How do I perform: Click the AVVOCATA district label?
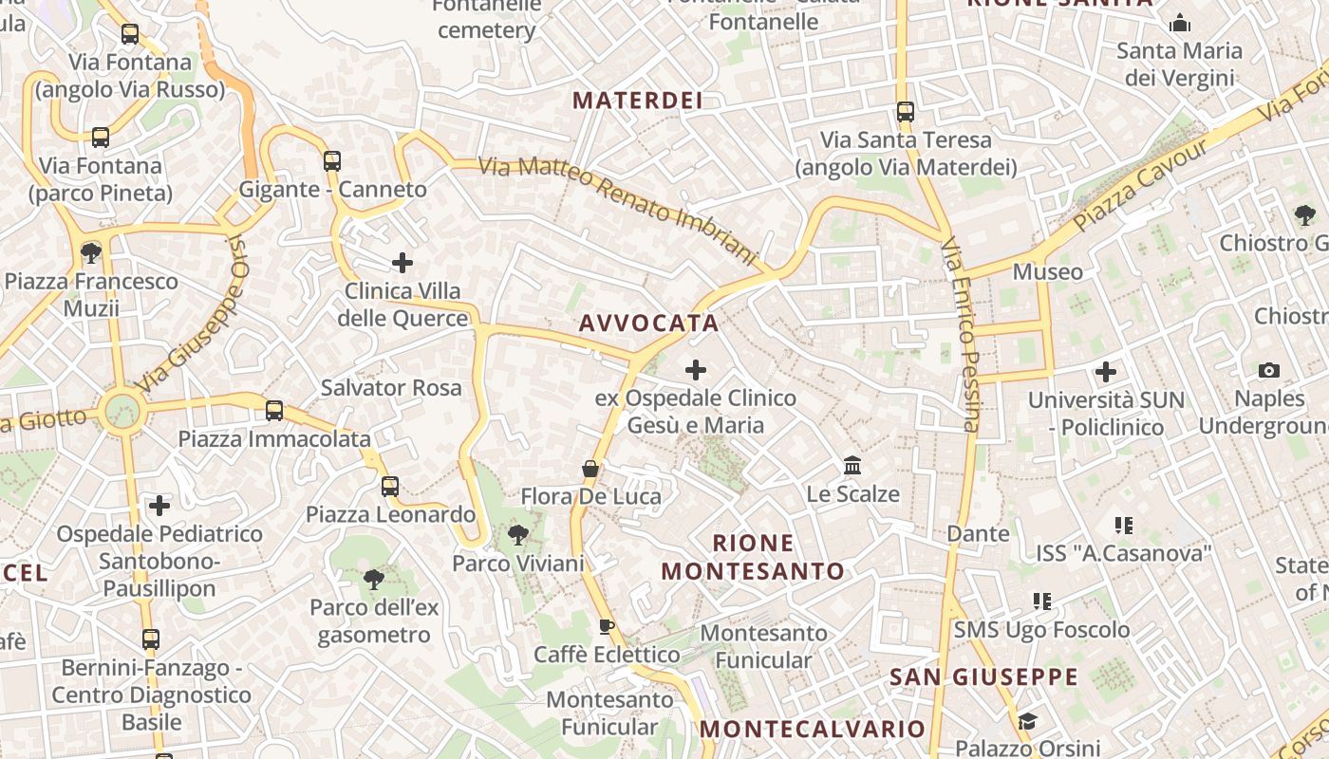click(x=648, y=324)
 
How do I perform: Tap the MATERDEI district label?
click(x=637, y=101)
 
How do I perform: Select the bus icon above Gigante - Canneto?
click(x=331, y=161)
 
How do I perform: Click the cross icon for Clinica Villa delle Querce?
click(x=402, y=262)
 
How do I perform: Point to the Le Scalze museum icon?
click(x=852, y=466)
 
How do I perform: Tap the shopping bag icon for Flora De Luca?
click(x=590, y=469)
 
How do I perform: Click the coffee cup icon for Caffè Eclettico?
click(x=607, y=626)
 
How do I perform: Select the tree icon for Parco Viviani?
click(x=517, y=535)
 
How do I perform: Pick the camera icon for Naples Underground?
click(x=1269, y=370)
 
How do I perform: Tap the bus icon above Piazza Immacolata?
click(x=274, y=411)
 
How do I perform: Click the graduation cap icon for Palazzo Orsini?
click(x=1027, y=722)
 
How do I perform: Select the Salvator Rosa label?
click(x=391, y=388)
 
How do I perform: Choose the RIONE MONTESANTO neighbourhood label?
click(x=753, y=557)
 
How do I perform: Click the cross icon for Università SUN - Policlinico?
click(x=1106, y=372)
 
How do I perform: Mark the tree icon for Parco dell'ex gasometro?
click(x=374, y=579)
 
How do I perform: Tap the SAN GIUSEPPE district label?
click(x=983, y=677)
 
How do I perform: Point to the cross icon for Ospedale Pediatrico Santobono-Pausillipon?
click(x=159, y=506)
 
